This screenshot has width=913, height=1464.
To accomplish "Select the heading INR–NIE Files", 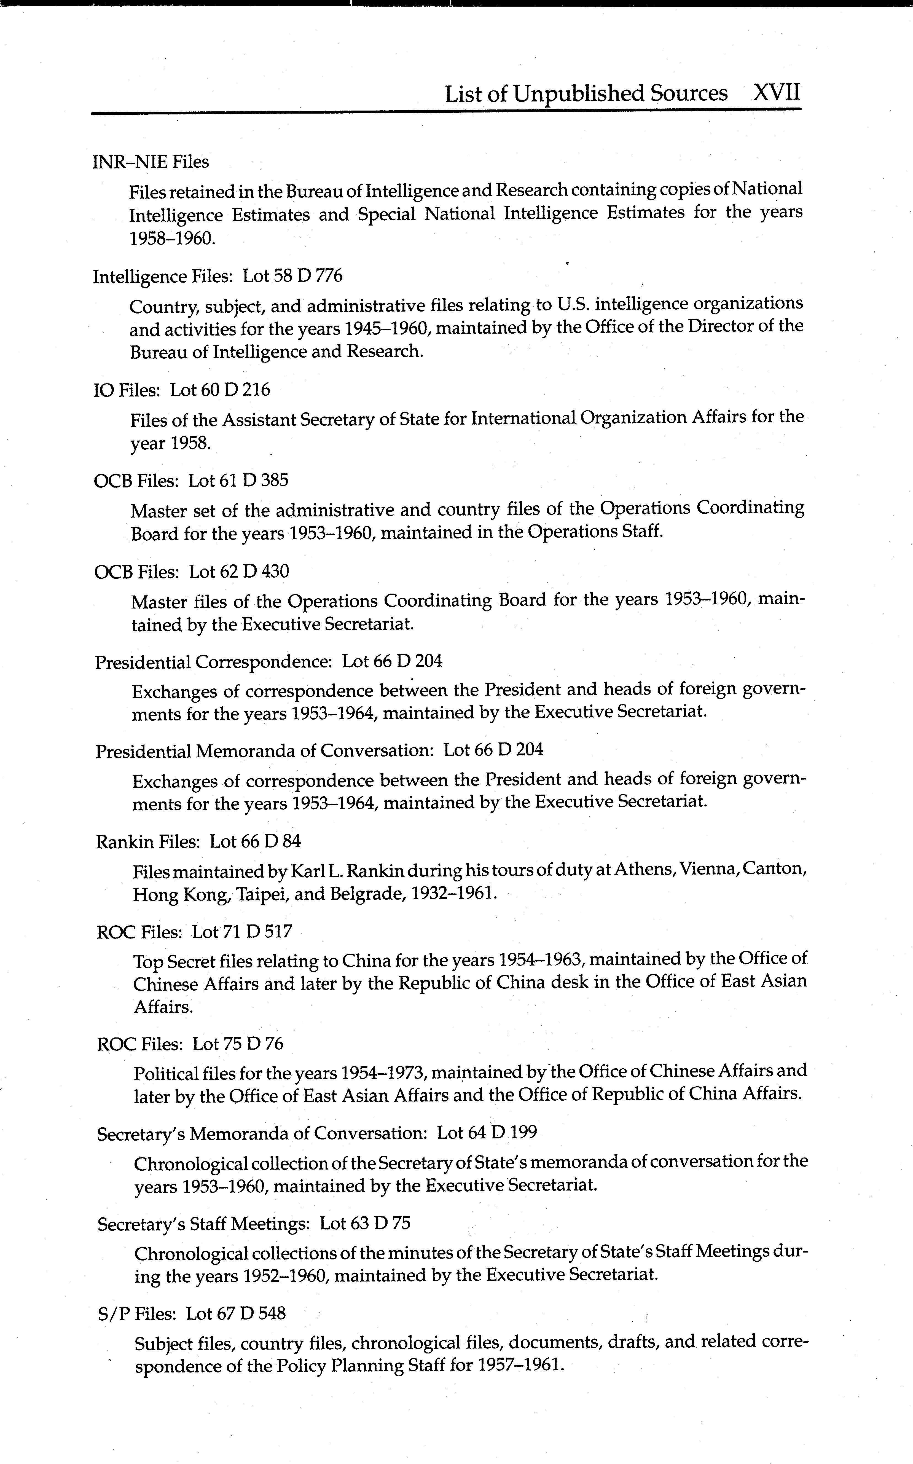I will [x=151, y=162].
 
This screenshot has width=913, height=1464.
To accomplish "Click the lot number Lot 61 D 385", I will [x=238, y=481].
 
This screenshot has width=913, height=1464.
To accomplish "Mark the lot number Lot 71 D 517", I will [x=241, y=932].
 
